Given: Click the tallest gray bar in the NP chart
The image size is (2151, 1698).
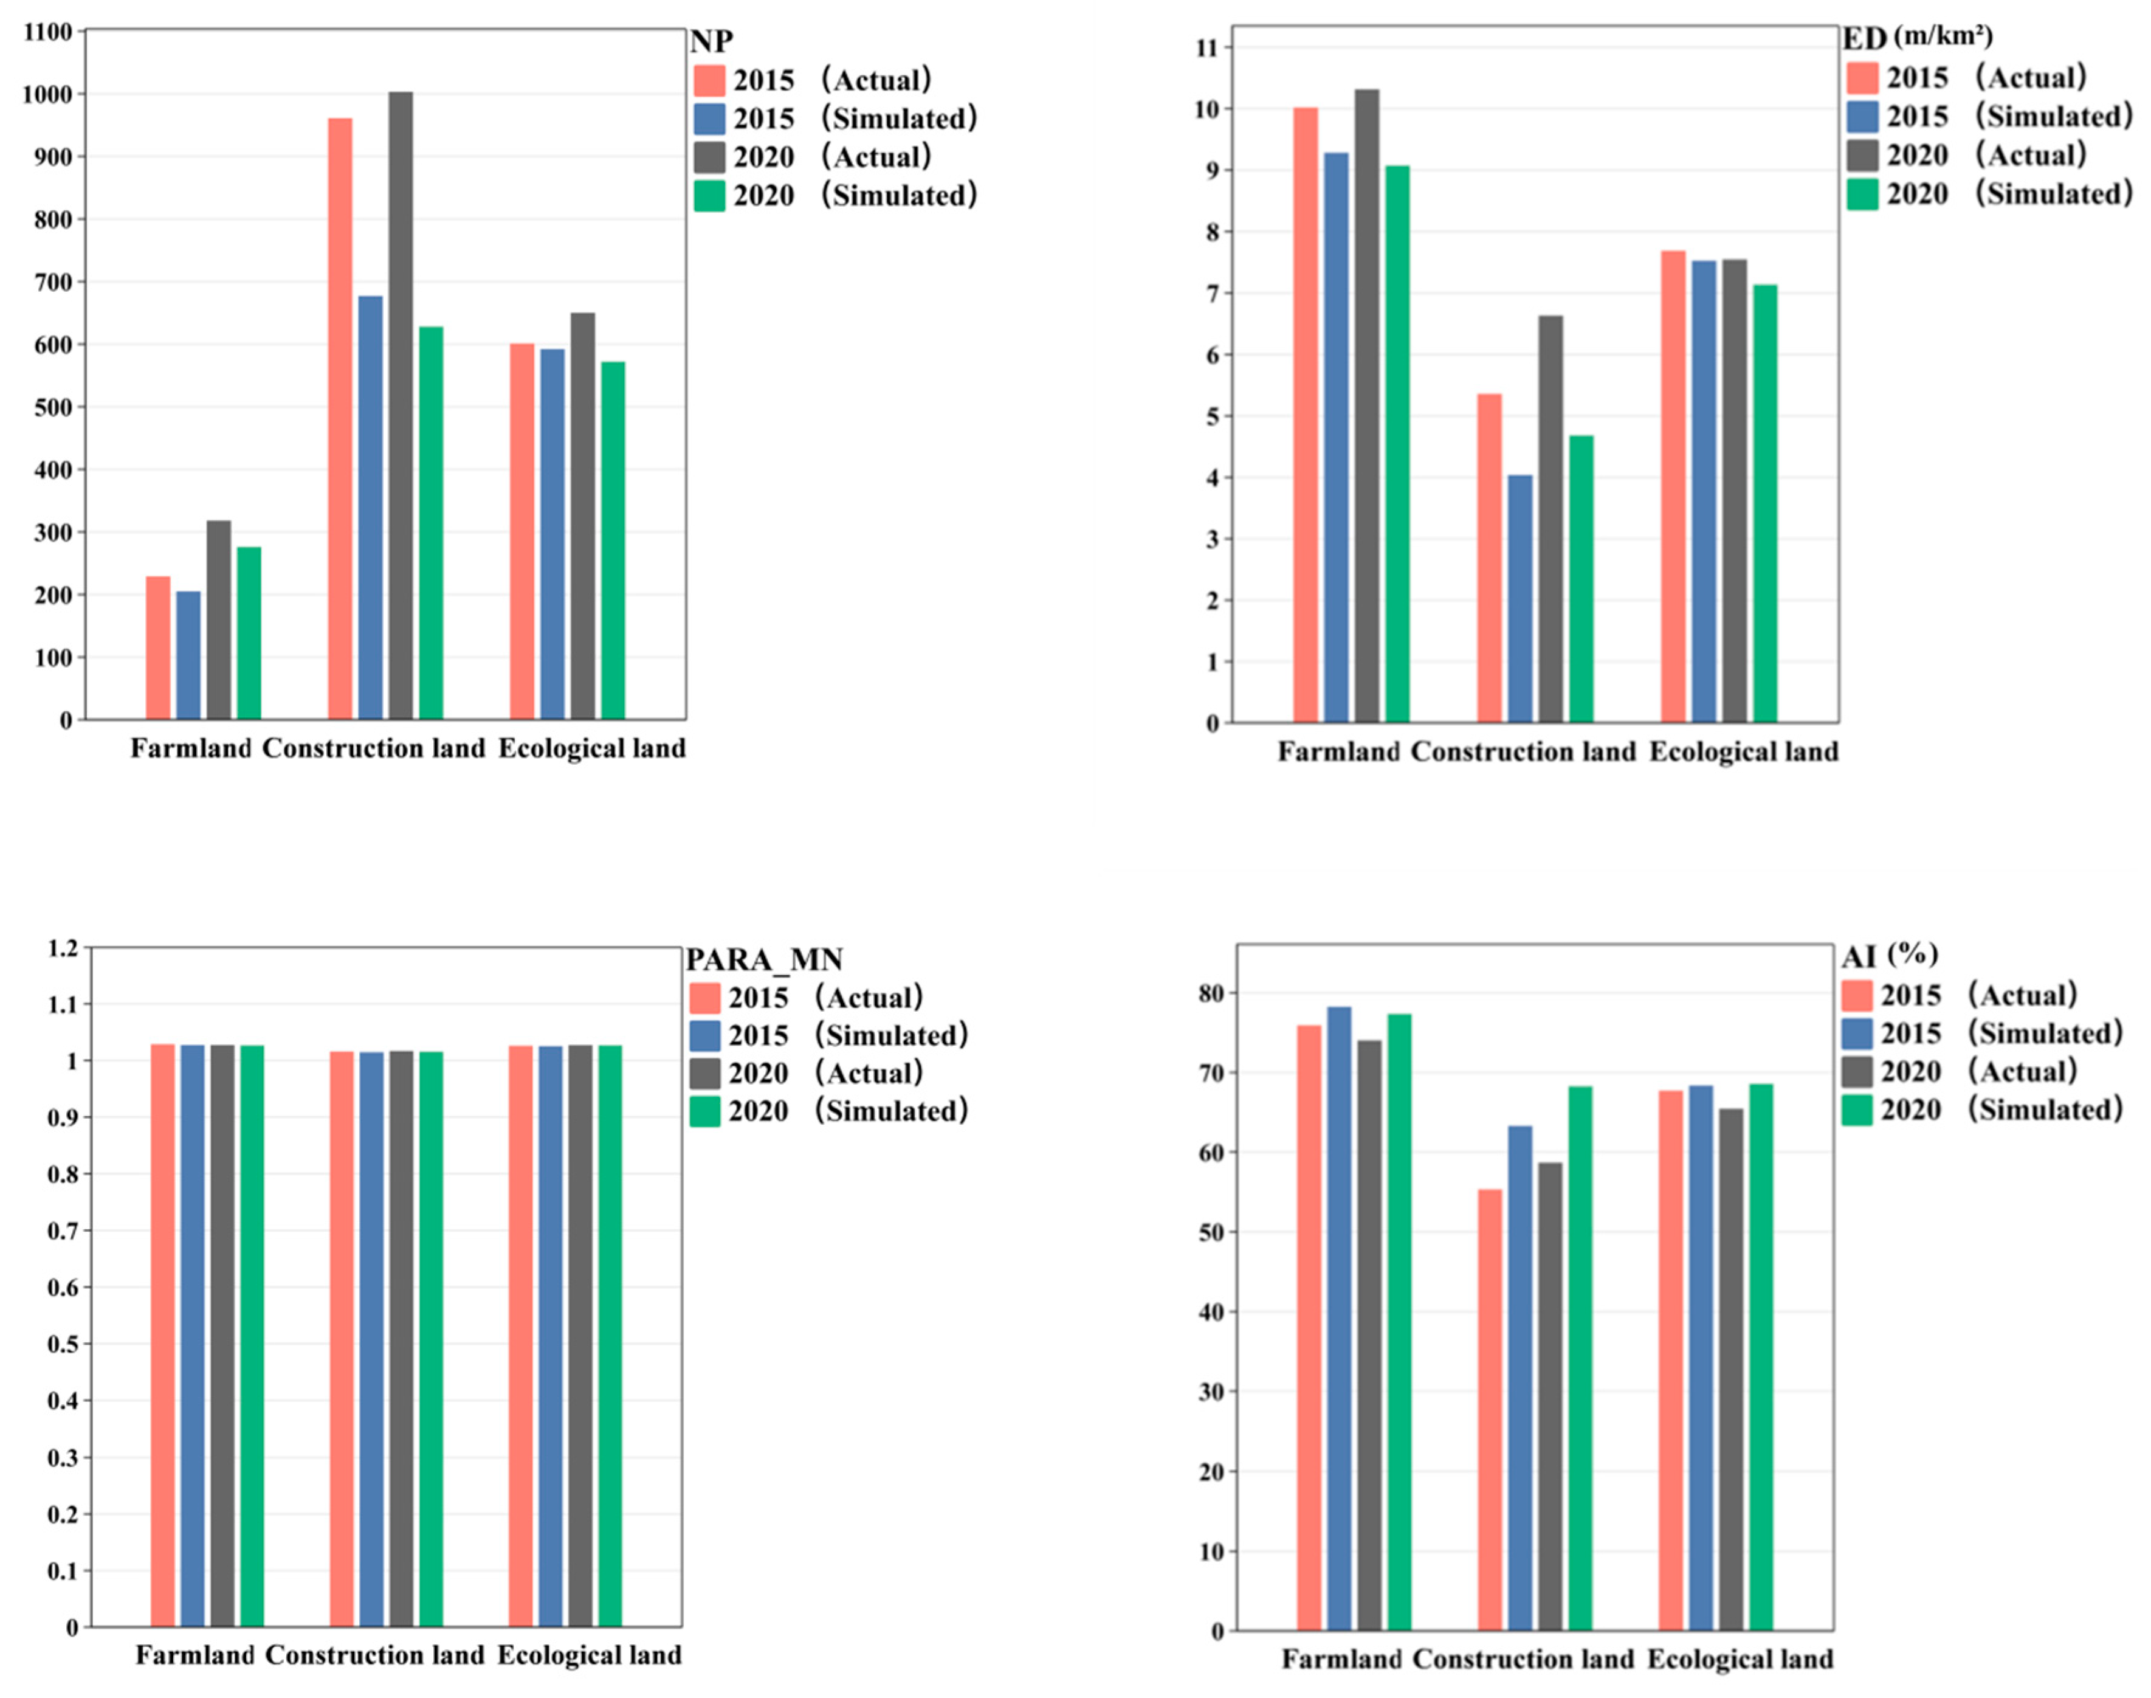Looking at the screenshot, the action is [x=401, y=406].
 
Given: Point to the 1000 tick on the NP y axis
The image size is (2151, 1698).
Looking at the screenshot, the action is [x=47, y=94].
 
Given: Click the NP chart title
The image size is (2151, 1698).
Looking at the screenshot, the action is [x=712, y=42].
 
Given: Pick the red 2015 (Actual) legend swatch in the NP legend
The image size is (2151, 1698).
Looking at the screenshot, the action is [x=709, y=80].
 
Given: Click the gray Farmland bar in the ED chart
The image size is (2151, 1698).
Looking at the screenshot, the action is [x=1367, y=406].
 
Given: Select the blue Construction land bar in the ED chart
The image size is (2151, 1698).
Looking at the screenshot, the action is [x=1520, y=598].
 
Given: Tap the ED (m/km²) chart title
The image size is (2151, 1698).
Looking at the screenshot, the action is [x=1918, y=38].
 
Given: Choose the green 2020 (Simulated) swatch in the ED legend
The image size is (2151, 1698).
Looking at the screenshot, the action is [x=1862, y=194].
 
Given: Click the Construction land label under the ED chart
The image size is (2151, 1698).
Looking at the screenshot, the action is [x=1523, y=751].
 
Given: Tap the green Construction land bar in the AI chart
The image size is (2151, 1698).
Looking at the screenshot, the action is [x=1580, y=1358].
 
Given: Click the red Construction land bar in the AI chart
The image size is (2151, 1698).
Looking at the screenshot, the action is [x=1490, y=1410].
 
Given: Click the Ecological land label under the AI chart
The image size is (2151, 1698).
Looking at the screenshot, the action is [x=1741, y=1659].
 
